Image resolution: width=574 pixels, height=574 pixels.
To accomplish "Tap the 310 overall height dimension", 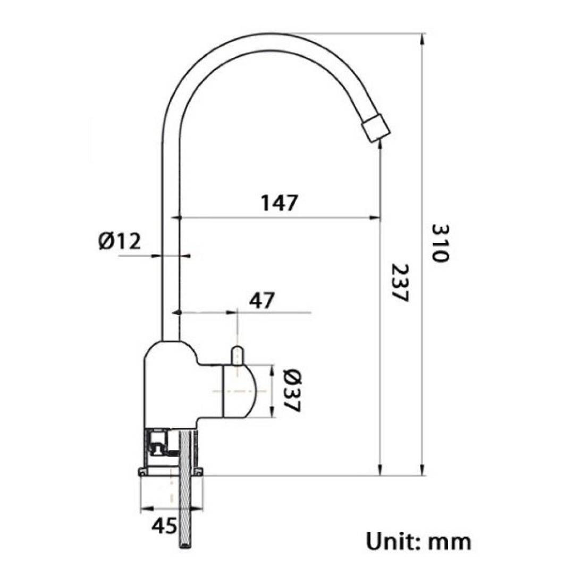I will [440, 243].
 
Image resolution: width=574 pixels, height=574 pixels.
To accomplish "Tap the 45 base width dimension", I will [164, 526].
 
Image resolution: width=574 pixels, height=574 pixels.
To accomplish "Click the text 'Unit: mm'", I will [418, 542].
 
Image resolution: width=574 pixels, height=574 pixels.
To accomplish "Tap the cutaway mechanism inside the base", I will [158, 445].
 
